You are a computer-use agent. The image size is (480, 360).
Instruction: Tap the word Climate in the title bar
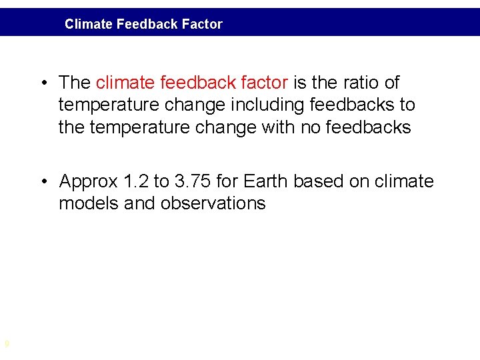pos(89,25)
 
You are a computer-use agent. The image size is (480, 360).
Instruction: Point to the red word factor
pos(265,83)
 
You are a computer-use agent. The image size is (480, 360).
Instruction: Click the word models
pos(89,203)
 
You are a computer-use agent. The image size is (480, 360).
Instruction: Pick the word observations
pos(213,203)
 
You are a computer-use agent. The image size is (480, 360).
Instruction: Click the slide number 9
pos(7,344)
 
